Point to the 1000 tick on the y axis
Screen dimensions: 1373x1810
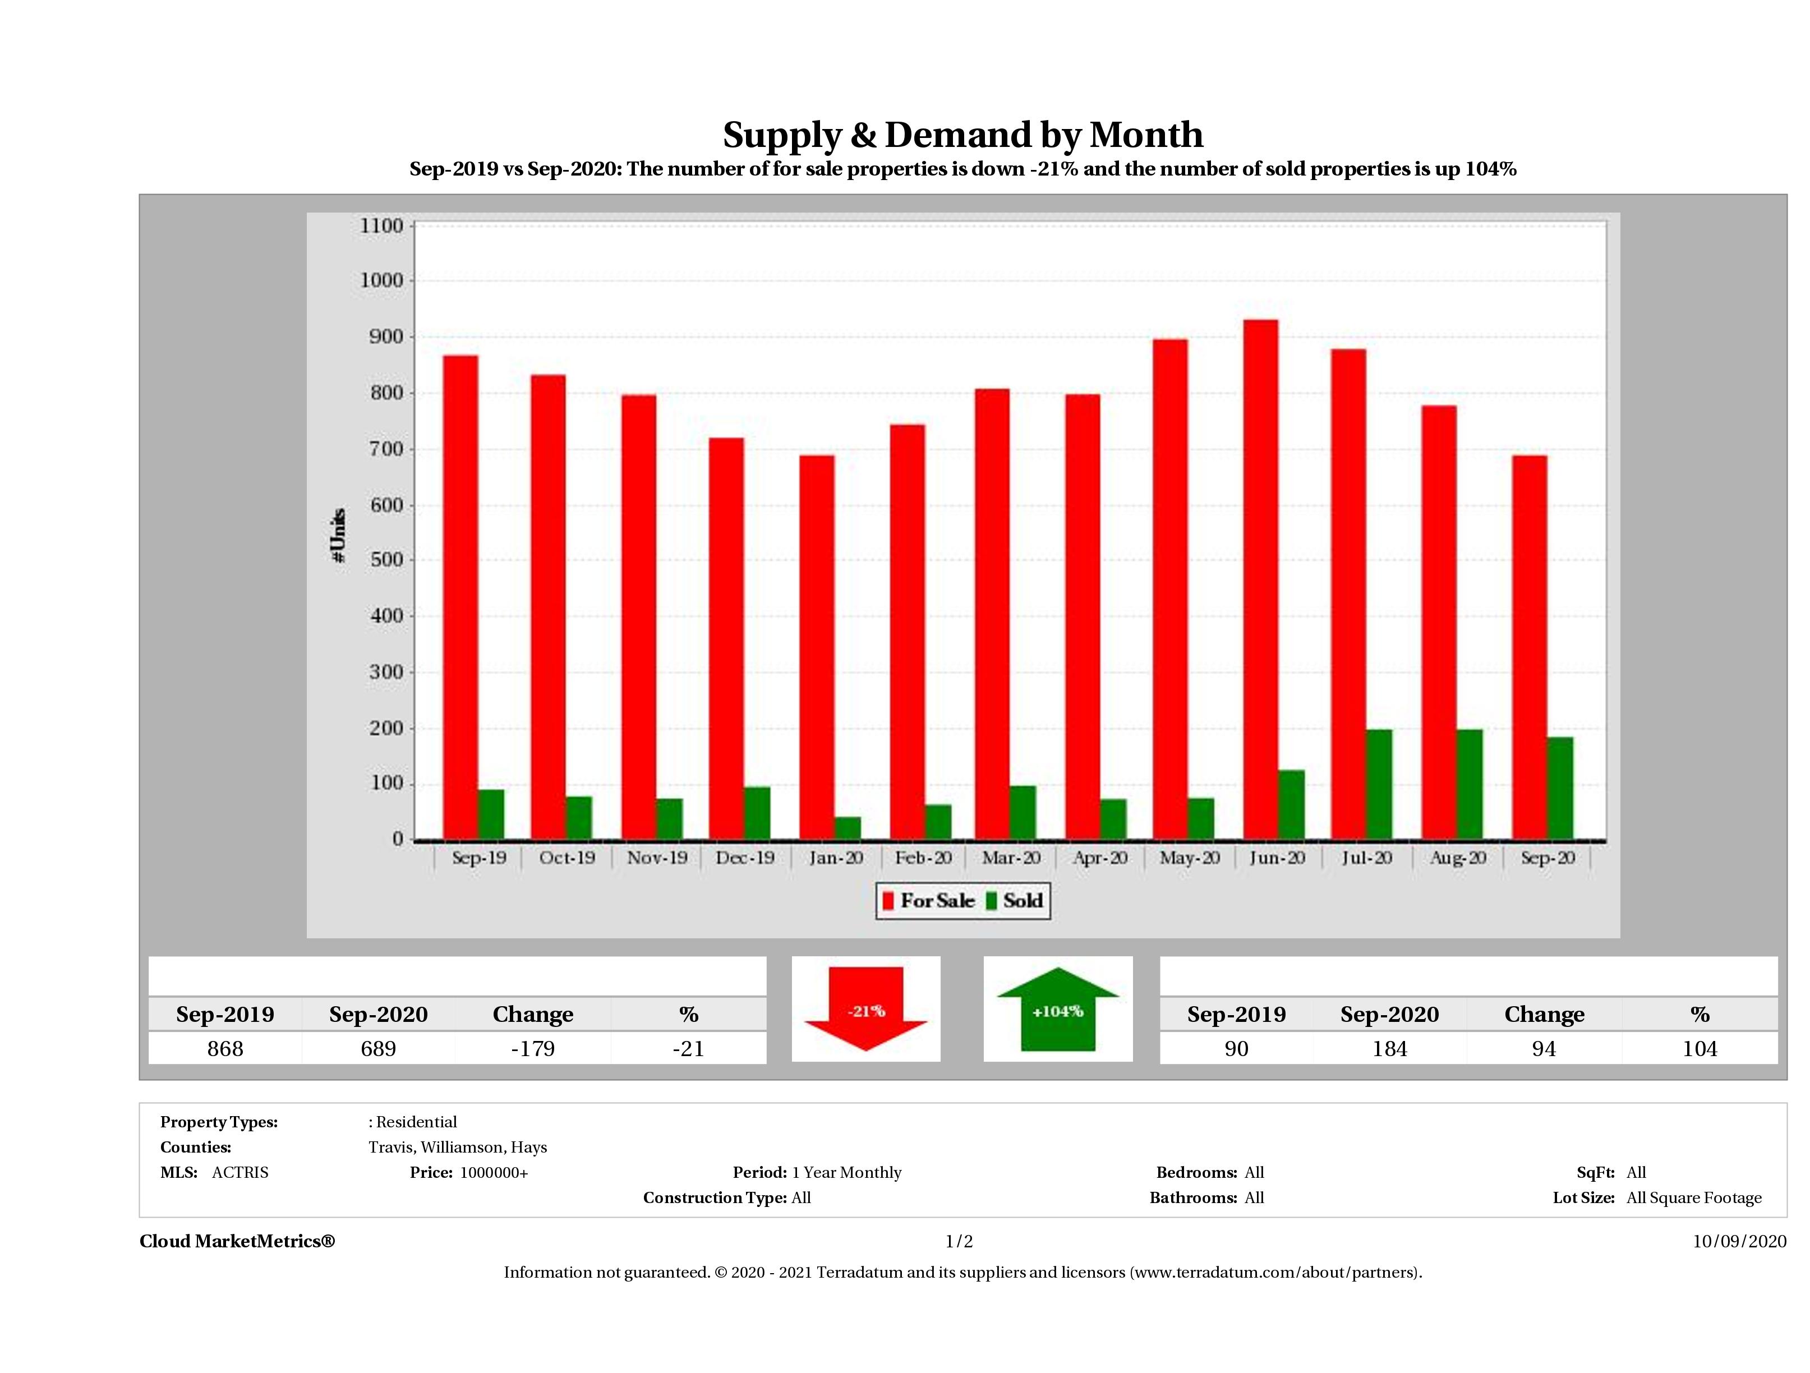coord(382,280)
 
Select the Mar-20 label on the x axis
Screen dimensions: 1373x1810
coord(1011,858)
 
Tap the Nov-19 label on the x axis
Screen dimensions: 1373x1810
coord(657,858)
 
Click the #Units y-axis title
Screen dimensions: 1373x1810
coord(339,535)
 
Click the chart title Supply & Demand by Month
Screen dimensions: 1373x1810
coord(962,135)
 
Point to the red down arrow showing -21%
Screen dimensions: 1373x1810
coord(865,1009)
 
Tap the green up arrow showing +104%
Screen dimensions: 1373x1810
coord(1057,1010)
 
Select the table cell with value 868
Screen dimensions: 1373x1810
coord(225,1048)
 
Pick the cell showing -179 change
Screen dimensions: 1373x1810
coord(533,1048)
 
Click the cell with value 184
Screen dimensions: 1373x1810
coord(1389,1048)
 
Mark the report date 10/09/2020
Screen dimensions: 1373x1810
coord(1739,1241)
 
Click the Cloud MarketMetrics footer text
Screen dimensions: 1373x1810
coord(237,1241)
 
